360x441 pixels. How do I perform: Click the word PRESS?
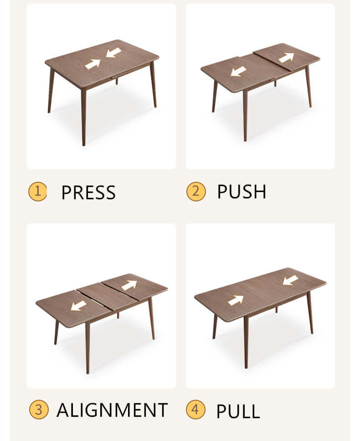point(88,192)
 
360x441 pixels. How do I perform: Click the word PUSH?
point(242,192)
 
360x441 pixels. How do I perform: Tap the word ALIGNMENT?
point(112,410)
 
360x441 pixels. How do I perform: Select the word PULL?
point(238,411)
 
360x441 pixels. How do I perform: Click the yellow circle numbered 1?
point(37,192)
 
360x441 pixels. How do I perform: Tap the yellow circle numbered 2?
point(196,192)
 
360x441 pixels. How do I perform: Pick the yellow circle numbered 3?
point(39,410)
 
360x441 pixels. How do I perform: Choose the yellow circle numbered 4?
point(195,410)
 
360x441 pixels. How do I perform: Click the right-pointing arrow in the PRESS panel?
point(93,64)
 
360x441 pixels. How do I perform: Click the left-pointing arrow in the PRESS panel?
point(113,53)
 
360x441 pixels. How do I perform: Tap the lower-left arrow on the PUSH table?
point(238,72)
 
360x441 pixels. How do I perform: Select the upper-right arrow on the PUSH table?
point(287,57)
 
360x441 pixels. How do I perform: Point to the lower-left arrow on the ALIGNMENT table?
point(78,305)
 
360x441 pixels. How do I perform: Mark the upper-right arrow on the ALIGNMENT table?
point(129,285)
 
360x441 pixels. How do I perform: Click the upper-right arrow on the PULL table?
point(290,280)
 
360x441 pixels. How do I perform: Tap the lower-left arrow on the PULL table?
point(236,300)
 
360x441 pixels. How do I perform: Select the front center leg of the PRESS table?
point(83,116)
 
